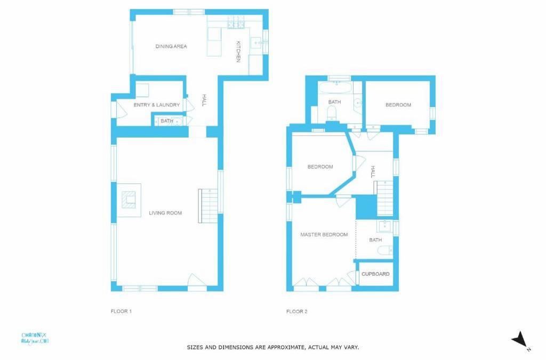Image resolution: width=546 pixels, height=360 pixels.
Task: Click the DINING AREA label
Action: (171, 46)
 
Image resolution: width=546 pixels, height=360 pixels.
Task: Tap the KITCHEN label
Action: (238, 52)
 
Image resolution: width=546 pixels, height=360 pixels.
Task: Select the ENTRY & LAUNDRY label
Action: (157, 105)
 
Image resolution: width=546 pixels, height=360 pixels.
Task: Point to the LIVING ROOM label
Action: (165, 213)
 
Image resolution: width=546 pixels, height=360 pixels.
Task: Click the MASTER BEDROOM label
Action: (324, 235)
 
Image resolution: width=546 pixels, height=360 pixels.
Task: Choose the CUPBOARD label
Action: (375, 274)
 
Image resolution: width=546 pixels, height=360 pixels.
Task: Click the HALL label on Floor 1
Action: (204, 100)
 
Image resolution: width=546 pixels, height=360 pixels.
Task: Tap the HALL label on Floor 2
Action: (373, 172)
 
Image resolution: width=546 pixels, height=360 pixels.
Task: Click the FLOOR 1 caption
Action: (121, 311)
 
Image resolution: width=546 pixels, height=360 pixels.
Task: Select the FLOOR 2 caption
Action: (296, 311)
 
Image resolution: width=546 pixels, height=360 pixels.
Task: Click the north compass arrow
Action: (519, 339)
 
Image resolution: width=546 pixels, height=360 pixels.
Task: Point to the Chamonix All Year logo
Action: (35, 339)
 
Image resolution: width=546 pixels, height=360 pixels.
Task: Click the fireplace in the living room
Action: (129, 200)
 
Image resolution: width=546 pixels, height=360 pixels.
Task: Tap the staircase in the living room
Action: (208, 206)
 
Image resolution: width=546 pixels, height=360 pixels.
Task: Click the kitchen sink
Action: (257, 44)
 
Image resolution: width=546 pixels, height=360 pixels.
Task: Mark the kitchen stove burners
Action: (236, 22)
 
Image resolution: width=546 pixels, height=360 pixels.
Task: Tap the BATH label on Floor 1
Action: (167, 121)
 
